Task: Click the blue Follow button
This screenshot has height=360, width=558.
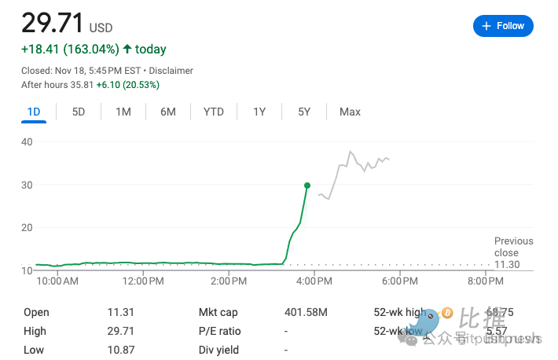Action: coord(503,26)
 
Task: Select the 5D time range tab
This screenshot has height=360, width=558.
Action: coord(79,112)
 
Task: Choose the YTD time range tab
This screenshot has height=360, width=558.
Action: coord(213,112)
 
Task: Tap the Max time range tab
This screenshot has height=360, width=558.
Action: coord(350,112)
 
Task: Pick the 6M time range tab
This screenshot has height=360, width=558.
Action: coord(168,112)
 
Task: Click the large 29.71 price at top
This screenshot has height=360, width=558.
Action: coord(52,23)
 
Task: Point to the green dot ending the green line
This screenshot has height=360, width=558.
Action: coord(307,186)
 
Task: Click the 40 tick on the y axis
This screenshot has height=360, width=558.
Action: coord(27,141)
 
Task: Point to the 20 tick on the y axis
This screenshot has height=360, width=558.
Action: coord(27,227)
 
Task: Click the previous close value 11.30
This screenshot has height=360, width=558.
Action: coord(506,265)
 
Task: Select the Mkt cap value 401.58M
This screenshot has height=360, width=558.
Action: coord(306,312)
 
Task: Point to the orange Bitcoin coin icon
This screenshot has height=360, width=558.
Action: coord(447,312)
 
